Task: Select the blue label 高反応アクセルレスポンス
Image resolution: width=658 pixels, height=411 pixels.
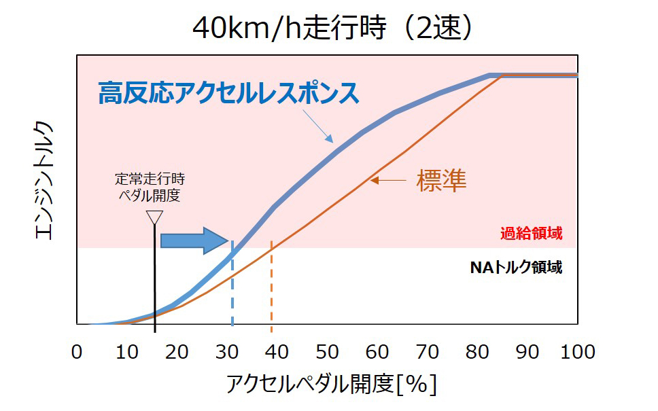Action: coord(228,94)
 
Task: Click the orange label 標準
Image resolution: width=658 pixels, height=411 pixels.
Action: coord(441,180)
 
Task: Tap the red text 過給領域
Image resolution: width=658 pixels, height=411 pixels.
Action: coord(532,234)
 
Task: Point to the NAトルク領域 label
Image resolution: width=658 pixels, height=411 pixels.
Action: coord(516,267)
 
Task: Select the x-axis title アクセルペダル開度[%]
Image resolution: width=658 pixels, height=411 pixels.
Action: coord(331,385)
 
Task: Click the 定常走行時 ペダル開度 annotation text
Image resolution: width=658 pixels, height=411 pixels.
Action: coord(150,187)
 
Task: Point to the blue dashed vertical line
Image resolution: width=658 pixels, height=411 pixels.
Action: coord(232,285)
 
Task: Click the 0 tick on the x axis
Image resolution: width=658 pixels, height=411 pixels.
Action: coord(77,352)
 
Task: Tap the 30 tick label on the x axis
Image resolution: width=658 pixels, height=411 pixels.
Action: coord(227,352)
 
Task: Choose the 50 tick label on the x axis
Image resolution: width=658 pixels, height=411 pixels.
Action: coord(327,352)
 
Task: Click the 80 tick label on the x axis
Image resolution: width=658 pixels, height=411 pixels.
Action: coord(477,352)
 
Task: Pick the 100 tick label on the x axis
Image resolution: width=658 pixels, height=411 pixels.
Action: coord(576,352)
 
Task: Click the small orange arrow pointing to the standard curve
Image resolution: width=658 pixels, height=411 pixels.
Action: coord(387,180)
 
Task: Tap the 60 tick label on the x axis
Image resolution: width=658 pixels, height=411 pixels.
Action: coord(377,352)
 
